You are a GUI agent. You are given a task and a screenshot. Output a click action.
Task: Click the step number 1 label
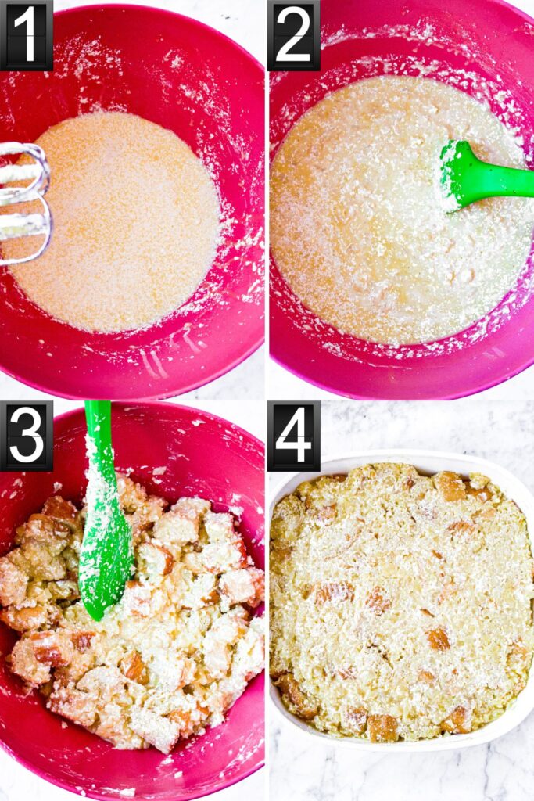[x=27, y=35]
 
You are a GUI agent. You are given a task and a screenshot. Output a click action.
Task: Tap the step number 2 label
[x=294, y=35]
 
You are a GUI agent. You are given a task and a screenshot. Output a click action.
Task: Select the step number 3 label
[x=27, y=436]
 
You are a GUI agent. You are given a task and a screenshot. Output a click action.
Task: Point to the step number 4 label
[x=294, y=436]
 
